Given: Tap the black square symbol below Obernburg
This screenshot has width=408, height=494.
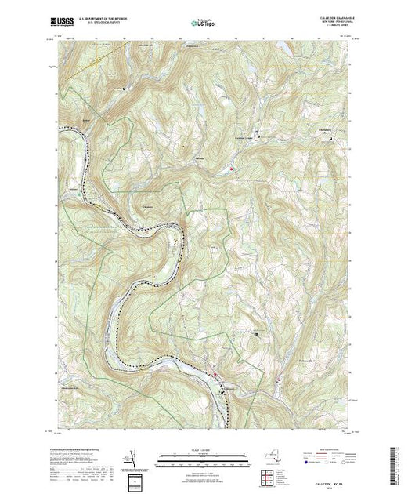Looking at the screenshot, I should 330,140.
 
